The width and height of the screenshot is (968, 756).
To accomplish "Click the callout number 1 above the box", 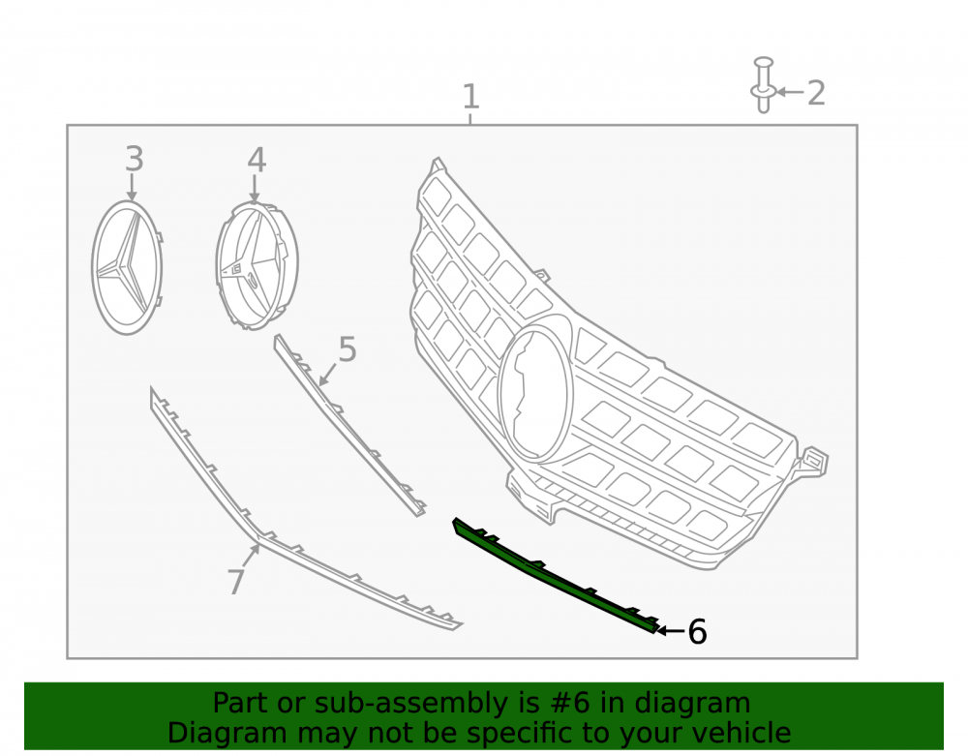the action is [471, 97].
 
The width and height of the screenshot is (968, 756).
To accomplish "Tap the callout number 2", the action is [816, 93].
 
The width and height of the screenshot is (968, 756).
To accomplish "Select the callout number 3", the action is [135, 159].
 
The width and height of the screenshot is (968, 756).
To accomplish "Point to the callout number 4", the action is [257, 161].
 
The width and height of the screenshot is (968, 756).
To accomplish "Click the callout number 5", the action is [348, 349].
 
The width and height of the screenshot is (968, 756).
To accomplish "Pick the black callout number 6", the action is [697, 632].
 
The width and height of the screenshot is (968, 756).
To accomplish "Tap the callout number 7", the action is [236, 582].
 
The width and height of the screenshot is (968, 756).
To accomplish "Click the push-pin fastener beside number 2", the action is [764, 85].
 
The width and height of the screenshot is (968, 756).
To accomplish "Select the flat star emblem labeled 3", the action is [127, 268].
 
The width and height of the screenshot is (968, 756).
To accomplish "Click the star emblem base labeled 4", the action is [257, 266].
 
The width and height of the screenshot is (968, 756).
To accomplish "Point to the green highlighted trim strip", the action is [556, 575].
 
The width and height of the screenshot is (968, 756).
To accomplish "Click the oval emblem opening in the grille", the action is [536, 394].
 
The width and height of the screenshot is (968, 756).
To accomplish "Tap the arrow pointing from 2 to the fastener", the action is [790, 92].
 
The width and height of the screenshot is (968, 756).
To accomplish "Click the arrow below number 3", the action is [132, 187].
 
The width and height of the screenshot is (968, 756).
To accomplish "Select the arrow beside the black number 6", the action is [671, 631].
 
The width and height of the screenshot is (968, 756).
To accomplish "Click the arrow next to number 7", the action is [251, 556].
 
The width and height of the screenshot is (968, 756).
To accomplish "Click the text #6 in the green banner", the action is [569, 703].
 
